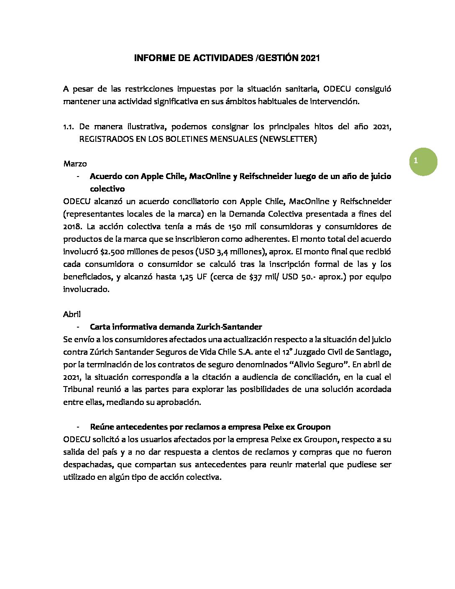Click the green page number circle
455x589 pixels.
(423, 161)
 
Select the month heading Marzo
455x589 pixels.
(75, 164)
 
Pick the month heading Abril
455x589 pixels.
(72, 314)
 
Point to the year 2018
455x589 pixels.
(73, 227)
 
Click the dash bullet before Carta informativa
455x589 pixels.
(78, 327)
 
